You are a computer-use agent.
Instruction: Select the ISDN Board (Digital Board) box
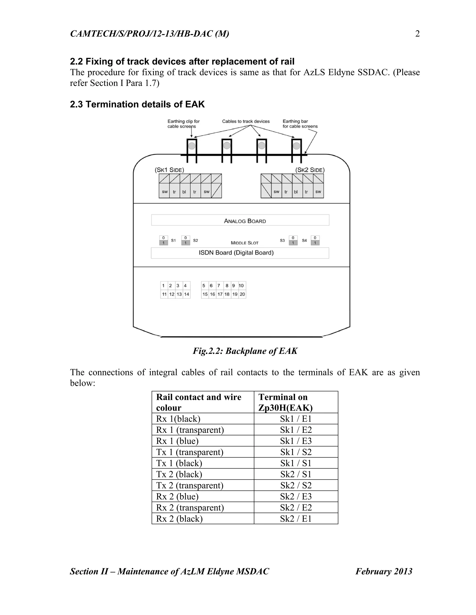(240, 253)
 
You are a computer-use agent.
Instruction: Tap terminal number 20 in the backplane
(242, 294)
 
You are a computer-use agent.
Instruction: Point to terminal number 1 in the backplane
(163, 285)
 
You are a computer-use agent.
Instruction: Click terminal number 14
(186, 294)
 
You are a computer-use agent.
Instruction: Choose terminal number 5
(204, 285)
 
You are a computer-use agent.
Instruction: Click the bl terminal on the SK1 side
(184, 192)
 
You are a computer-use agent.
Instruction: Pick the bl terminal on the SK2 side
(296, 192)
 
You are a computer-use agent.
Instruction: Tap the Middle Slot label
(245, 243)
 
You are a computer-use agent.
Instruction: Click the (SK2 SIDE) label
(310, 170)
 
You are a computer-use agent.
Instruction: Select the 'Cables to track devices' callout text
(246, 121)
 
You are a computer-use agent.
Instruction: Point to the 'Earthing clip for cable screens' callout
(183, 124)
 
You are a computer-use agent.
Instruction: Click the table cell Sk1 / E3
(296, 441)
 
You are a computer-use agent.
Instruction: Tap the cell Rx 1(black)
(178, 419)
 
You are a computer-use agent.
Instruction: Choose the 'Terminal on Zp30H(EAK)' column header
(285, 402)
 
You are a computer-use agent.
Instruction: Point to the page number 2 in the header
(417, 34)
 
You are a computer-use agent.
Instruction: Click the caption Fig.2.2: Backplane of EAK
(245, 351)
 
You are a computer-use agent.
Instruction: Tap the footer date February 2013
(384, 571)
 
